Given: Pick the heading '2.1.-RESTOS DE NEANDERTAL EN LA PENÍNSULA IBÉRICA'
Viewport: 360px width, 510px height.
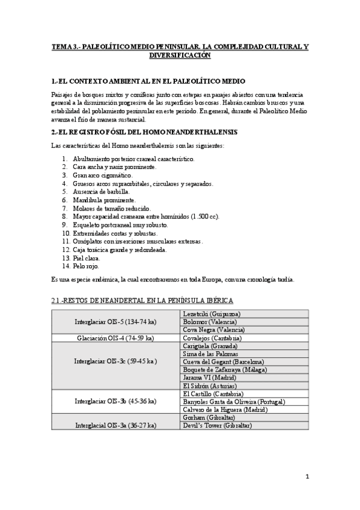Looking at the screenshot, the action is coord(142,300).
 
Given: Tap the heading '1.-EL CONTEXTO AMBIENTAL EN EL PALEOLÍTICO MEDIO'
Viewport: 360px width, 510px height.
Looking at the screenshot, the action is coord(148,81).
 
